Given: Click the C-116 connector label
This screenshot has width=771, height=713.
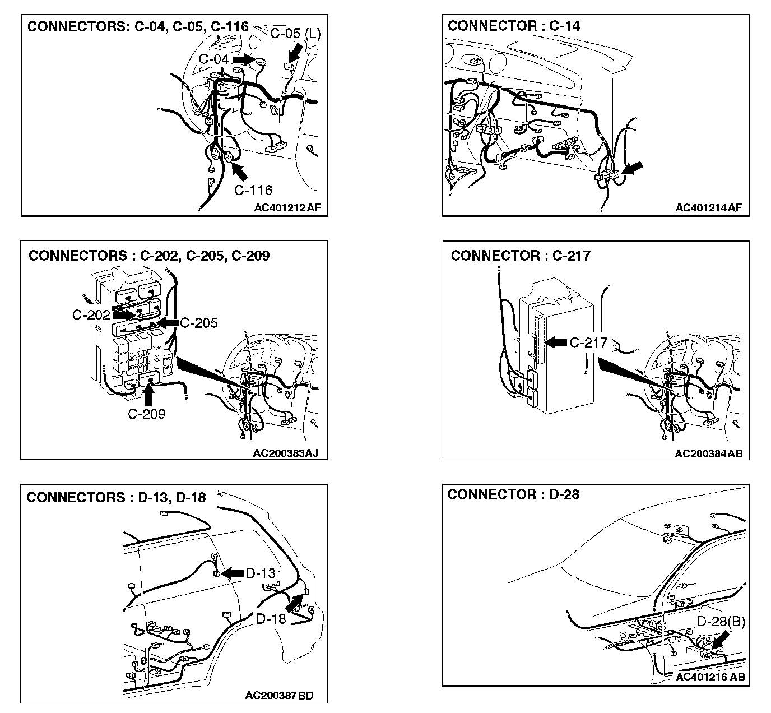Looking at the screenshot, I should pyautogui.click(x=253, y=191).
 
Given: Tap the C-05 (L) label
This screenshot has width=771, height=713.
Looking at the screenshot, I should pyautogui.click(x=295, y=33).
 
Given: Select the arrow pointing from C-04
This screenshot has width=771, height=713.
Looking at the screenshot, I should pyautogui.click(x=244, y=58).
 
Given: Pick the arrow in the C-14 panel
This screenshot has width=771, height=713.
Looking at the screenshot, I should pyautogui.click(x=631, y=168).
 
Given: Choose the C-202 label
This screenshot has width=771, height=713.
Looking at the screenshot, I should pyautogui.click(x=91, y=315).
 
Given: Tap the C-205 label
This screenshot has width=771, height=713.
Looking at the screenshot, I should pyautogui.click(x=199, y=323).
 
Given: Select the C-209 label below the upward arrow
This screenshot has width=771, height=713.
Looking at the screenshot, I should pyautogui.click(x=147, y=414).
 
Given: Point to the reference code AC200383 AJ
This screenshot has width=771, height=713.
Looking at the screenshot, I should pyautogui.click(x=286, y=453).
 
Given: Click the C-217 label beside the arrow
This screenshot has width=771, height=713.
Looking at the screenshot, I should pyautogui.click(x=588, y=342).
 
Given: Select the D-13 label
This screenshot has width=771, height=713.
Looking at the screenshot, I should pyautogui.click(x=261, y=573).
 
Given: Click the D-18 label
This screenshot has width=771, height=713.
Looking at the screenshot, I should pyautogui.click(x=271, y=619).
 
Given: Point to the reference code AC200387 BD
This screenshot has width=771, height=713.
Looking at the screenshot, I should pyautogui.click(x=279, y=696).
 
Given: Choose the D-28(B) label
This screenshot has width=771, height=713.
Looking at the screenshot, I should pyautogui.click(x=721, y=622).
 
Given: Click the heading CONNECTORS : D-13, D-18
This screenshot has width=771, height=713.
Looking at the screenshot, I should pyautogui.click(x=116, y=497).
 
